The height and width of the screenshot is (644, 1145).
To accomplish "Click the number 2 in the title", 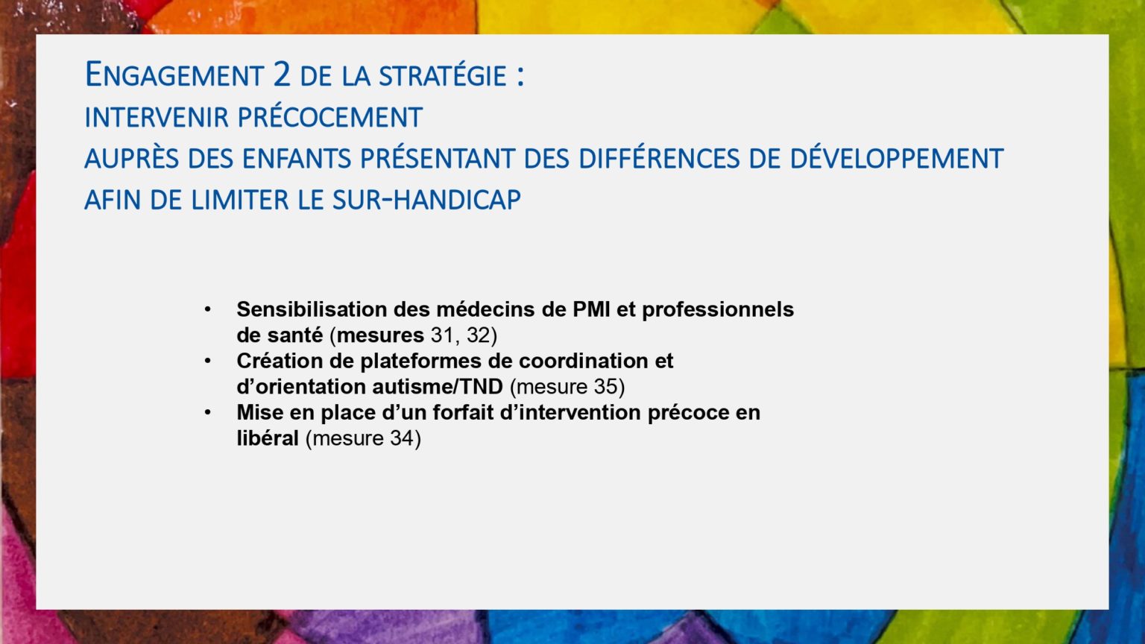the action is pyautogui.click(x=283, y=75).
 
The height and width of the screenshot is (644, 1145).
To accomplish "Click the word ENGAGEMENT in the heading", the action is pyautogui.click(x=174, y=75).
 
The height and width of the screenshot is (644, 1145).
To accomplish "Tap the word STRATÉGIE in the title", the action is pyautogui.click(x=443, y=75).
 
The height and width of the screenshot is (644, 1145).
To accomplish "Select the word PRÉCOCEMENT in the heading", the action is pyautogui.click(x=330, y=117).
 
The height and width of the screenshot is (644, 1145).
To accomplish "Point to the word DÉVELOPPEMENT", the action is pyautogui.click(x=897, y=159).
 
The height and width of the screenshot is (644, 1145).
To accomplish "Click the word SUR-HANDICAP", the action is pyautogui.click(x=427, y=200).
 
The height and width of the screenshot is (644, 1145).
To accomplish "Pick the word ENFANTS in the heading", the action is pyautogui.click(x=297, y=159).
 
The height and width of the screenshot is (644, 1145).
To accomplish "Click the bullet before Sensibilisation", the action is pyautogui.click(x=207, y=310).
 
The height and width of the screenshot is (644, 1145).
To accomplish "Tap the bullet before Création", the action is pyautogui.click(x=207, y=362).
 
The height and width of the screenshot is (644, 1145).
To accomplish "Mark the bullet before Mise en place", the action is pyautogui.click(x=207, y=412).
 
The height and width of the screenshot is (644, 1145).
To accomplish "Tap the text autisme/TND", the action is pyautogui.click(x=438, y=387).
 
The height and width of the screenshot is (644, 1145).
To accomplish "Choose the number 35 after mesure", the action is pyautogui.click(x=606, y=387).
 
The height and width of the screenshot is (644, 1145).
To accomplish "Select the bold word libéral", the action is pyautogui.click(x=268, y=438).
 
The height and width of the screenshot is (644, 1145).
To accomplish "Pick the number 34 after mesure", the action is pyautogui.click(x=403, y=438).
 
